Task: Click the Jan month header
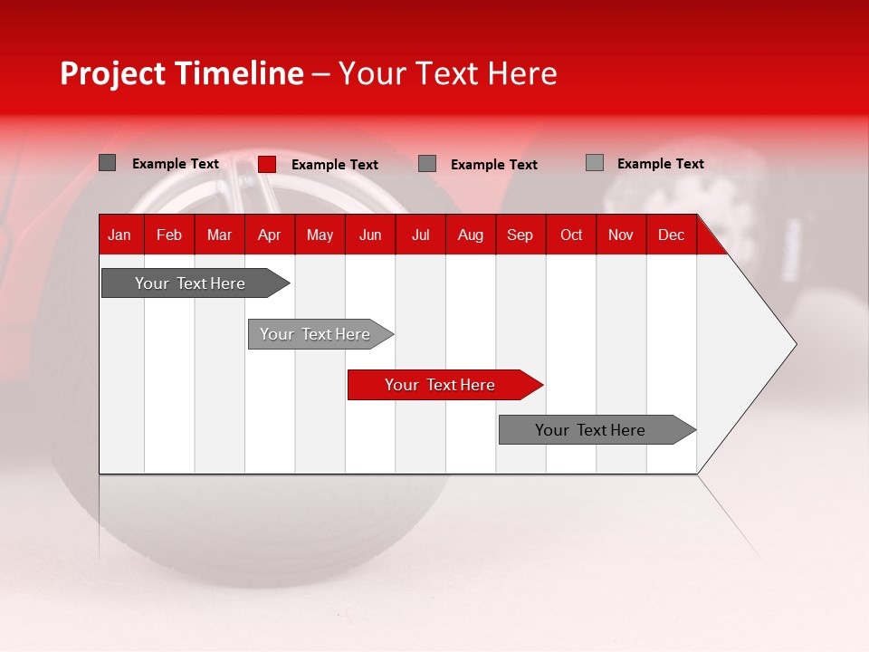120,235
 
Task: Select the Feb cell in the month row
169,235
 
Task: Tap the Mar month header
219,235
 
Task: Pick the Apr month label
270,235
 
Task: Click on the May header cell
320,235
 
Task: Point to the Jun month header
370,235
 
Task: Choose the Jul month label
420,235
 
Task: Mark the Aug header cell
471,235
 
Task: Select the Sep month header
520,235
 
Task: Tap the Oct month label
571,235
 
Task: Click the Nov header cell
621,235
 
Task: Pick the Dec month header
672,235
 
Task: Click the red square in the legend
267,164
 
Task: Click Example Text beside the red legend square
335,165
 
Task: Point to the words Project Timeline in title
182,73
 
